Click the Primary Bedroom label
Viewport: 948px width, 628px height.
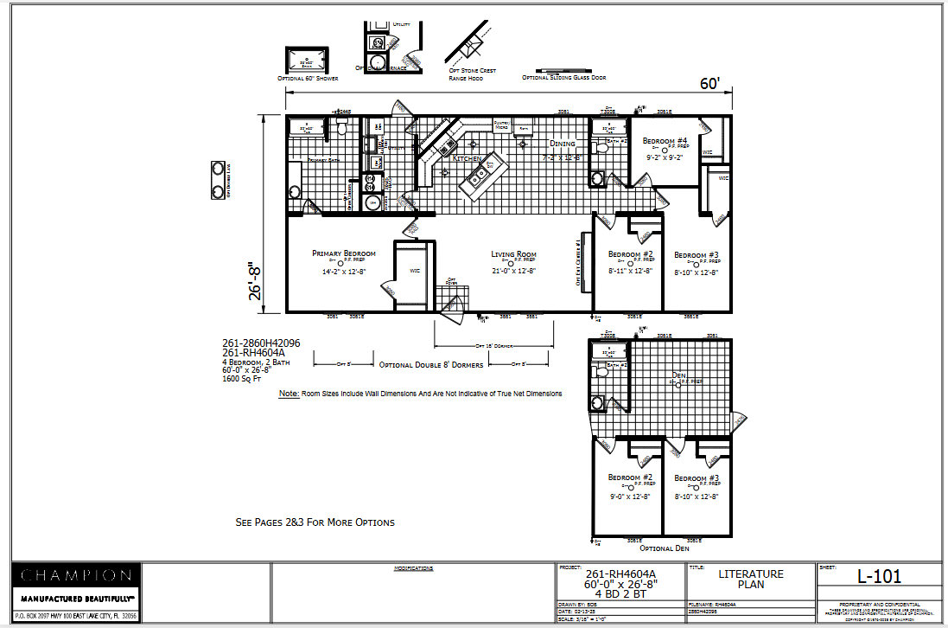tap(343, 253)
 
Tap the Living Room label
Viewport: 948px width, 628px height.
tap(513, 254)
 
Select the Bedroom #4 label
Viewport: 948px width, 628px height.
tap(665, 141)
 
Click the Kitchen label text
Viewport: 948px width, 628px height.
tap(467, 159)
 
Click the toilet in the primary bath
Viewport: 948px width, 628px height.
tap(341, 128)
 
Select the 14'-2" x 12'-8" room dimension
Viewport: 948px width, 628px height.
tap(344, 272)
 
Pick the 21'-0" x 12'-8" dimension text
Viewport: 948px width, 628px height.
tap(514, 271)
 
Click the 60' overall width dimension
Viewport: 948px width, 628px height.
tap(709, 84)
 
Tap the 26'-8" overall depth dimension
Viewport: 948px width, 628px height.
tap(255, 282)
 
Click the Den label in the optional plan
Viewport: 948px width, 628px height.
tap(678, 375)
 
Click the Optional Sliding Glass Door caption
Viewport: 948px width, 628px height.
tap(563, 78)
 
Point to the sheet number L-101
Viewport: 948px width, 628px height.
tap(880, 576)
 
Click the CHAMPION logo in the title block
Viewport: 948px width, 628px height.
tap(76, 575)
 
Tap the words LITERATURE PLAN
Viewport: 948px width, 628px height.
tap(751, 579)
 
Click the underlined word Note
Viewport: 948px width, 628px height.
tap(289, 394)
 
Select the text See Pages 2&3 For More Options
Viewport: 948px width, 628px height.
tap(315, 522)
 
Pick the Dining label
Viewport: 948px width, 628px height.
tap(562, 144)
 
